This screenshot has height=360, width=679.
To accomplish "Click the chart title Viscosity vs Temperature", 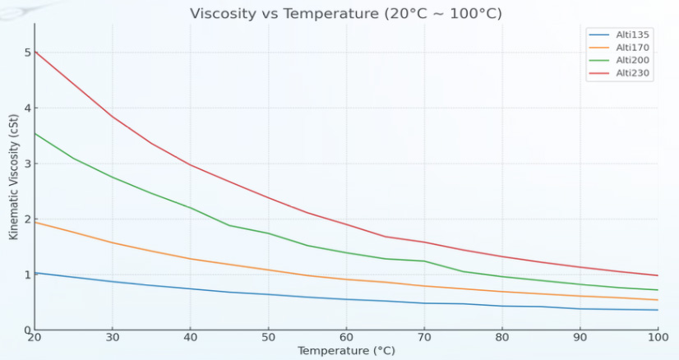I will (345, 14).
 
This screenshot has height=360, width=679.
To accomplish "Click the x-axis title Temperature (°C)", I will (346, 351).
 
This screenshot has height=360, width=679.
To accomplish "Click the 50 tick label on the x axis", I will (268, 338).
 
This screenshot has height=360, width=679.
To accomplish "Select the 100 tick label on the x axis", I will (658, 338).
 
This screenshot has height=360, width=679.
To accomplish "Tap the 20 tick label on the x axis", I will (35, 338).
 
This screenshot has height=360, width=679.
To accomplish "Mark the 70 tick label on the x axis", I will (424, 338).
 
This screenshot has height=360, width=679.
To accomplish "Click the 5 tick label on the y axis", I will (27, 53).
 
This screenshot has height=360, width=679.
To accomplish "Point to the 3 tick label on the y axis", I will (27, 164).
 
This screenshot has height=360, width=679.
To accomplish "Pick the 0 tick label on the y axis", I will (27, 330).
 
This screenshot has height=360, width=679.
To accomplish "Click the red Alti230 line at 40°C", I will (191, 164).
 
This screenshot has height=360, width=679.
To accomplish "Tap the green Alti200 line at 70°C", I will (424, 261).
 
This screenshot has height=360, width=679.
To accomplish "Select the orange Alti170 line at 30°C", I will (113, 242).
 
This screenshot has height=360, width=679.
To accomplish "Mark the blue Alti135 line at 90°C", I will (580, 309).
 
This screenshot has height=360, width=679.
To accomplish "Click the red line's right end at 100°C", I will (658, 275).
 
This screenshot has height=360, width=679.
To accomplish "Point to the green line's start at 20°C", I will (35, 133).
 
